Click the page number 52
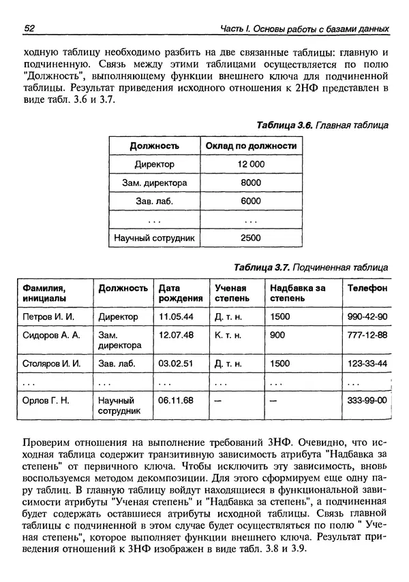coord(29,29)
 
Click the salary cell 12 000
coord(251,165)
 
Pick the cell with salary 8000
coord(251,183)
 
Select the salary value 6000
coord(251,201)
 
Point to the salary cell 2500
coord(251,238)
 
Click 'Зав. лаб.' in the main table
coord(154,201)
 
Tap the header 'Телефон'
coord(367,288)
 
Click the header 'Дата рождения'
coord(180,293)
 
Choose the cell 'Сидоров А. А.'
coord(51,335)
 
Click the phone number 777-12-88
coord(367,335)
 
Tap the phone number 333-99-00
coord(367,400)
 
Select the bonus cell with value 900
coord(277,335)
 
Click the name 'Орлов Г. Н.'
coord(46,400)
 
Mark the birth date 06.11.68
coord(176,400)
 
